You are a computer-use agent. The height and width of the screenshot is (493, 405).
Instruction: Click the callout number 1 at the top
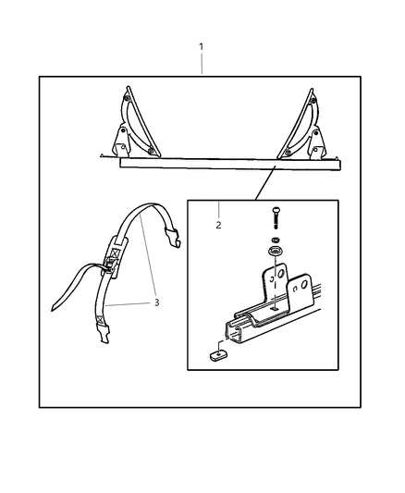[x=201, y=47]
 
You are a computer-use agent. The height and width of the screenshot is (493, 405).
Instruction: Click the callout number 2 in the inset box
[x=218, y=225]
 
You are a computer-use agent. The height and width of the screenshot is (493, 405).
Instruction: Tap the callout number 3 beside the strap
[x=157, y=302]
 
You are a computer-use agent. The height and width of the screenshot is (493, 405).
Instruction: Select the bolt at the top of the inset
[x=276, y=218]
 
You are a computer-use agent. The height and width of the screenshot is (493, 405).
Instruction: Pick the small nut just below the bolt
[x=276, y=240]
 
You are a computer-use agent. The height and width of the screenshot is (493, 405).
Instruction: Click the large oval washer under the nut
[x=275, y=252]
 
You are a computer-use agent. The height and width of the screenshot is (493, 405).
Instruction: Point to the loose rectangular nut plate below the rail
[x=218, y=355]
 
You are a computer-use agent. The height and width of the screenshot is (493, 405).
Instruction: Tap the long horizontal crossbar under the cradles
[x=230, y=164]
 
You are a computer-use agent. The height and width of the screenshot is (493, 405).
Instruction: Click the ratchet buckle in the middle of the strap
[x=114, y=257]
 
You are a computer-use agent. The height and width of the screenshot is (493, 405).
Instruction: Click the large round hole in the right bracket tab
[x=304, y=285]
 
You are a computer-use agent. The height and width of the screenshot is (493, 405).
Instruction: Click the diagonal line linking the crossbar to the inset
[x=265, y=182]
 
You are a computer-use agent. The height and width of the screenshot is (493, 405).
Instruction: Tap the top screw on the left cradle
[x=126, y=98]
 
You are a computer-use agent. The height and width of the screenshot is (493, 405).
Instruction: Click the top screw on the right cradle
[x=313, y=100]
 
